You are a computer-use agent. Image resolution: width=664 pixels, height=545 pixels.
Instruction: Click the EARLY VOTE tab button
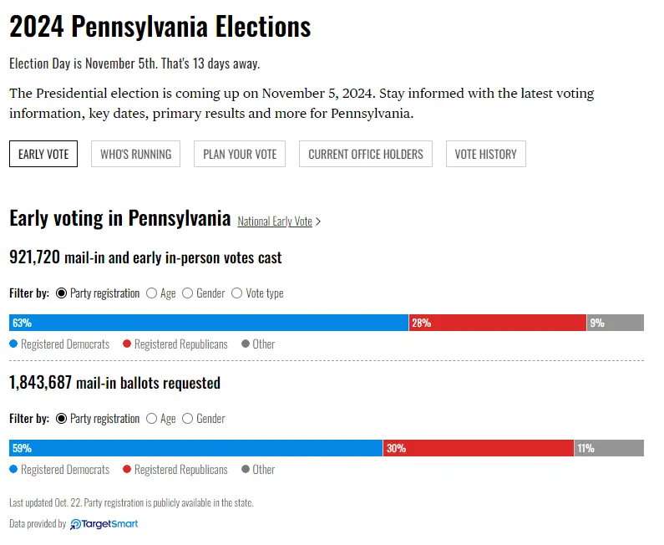click(43, 154)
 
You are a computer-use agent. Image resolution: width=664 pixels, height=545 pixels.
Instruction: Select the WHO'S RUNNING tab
click(135, 154)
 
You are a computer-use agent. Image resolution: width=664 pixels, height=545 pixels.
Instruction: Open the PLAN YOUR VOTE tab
click(240, 154)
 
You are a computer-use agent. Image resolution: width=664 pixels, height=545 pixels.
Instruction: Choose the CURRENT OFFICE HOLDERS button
click(366, 154)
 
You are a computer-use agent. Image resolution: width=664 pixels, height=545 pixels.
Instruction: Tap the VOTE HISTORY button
click(485, 154)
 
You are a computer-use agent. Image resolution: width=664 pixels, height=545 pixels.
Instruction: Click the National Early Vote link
click(275, 222)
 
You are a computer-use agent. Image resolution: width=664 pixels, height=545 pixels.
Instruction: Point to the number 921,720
click(34, 257)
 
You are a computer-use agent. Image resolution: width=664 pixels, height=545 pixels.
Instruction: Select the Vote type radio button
click(237, 293)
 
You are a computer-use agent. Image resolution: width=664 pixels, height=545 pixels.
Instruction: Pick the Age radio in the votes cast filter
click(152, 293)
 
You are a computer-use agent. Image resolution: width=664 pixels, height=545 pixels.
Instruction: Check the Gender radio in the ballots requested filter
click(188, 419)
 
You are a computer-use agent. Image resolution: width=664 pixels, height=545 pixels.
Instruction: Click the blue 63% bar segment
click(209, 323)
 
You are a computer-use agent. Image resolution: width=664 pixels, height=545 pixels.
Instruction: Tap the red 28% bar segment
click(498, 323)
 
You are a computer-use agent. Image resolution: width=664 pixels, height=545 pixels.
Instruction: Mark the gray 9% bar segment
click(616, 323)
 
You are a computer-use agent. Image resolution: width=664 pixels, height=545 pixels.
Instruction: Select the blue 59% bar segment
click(195, 448)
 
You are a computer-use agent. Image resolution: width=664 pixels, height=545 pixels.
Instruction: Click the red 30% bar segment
click(479, 448)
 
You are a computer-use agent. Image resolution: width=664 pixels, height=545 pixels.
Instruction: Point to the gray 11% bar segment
click(609, 448)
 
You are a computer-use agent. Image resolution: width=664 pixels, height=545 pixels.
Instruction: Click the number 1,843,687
click(40, 383)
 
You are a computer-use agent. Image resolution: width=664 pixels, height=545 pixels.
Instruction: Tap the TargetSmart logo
click(104, 524)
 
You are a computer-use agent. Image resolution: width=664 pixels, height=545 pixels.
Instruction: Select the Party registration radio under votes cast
click(62, 293)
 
